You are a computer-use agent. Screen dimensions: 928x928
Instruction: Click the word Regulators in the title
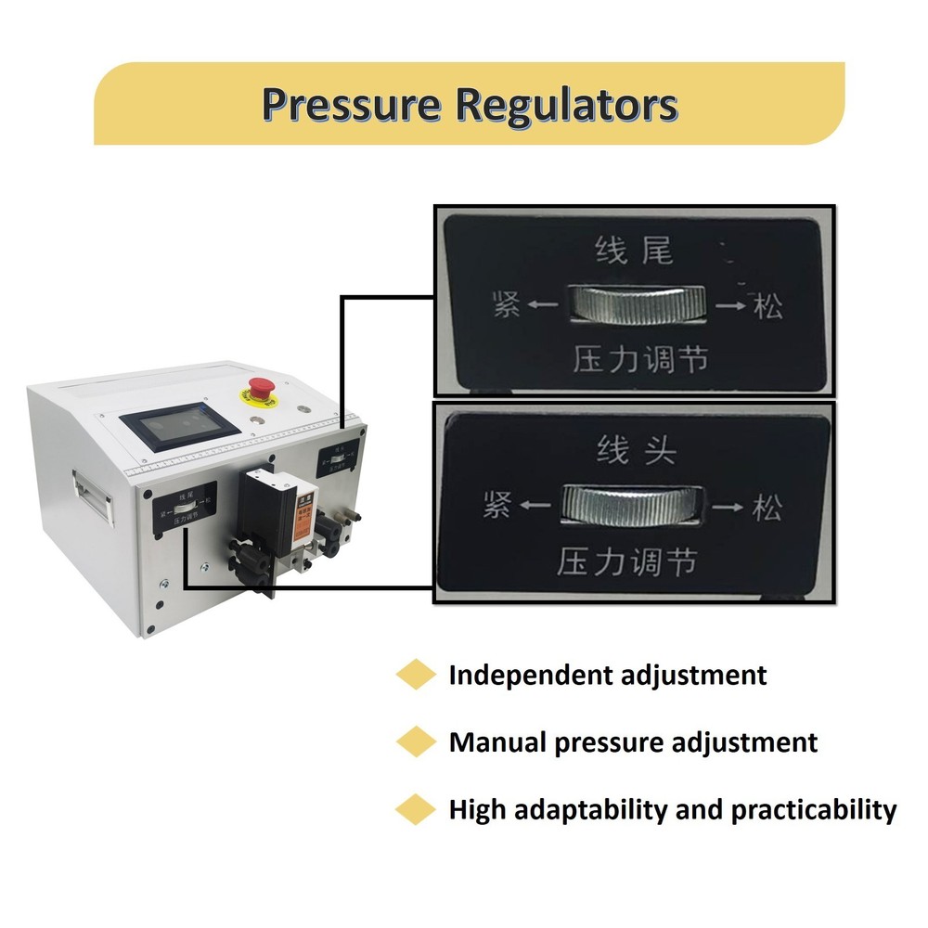tap(566, 105)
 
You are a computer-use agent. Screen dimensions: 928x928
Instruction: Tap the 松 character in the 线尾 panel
tap(767, 306)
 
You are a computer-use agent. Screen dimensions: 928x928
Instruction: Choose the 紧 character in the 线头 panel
tap(498, 507)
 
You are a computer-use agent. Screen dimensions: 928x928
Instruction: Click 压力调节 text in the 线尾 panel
tap(640, 359)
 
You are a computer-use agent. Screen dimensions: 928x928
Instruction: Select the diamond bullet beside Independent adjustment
tap(415, 675)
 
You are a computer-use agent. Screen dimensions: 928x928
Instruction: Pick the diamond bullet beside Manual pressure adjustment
tap(415, 742)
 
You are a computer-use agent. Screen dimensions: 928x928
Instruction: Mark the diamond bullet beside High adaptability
tap(415, 809)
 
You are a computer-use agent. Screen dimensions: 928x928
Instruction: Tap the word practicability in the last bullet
tap(814, 810)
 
